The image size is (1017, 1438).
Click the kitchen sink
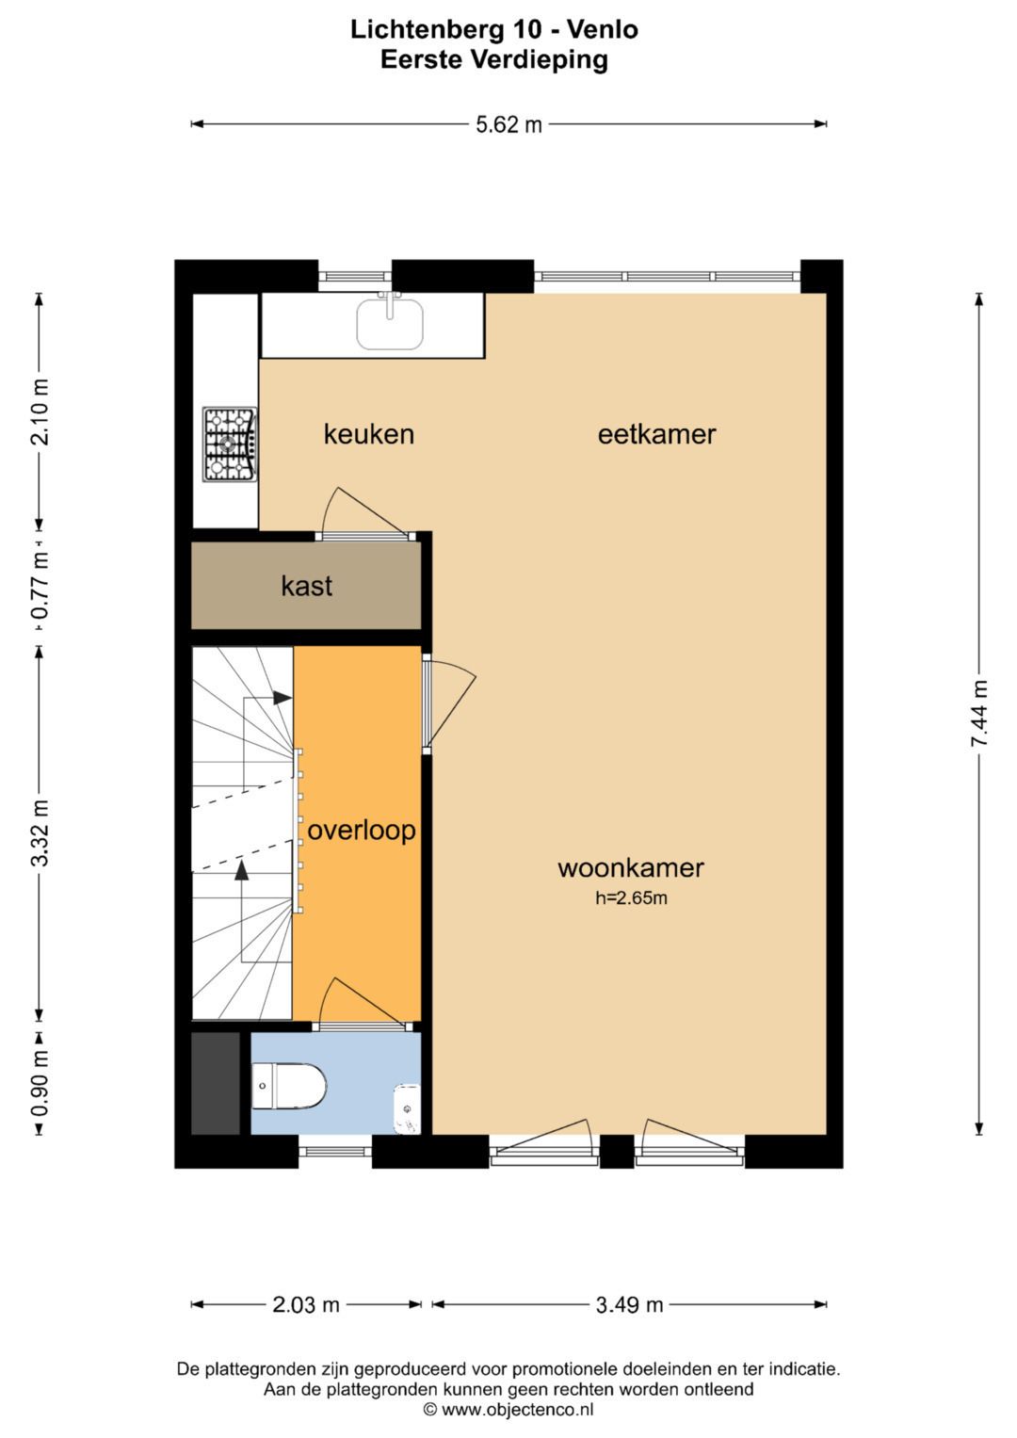click(x=391, y=324)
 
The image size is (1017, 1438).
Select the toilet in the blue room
click(x=288, y=1086)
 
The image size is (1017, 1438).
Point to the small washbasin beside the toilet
click(x=407, y=1108)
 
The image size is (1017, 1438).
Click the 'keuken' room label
click(x=368, y=435)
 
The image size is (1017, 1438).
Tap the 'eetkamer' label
click(x=657, y=435)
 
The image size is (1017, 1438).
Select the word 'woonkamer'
click(x=631, y=868)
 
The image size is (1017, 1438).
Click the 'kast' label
click(x=306, y=586)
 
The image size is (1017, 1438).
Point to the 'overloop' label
click(x=362, y=830)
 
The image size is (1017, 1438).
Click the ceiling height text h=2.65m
click(x=631, y=898)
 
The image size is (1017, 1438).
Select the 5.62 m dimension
click(x=508, y=124)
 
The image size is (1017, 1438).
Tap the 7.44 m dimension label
click(x=979, y=713)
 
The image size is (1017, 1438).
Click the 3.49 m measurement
click(x=629, y=1304)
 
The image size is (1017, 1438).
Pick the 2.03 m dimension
click(x=306, y=1304)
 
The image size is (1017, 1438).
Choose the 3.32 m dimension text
click(x=40, y=833)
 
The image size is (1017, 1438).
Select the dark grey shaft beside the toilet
click(x=216, y=1083)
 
